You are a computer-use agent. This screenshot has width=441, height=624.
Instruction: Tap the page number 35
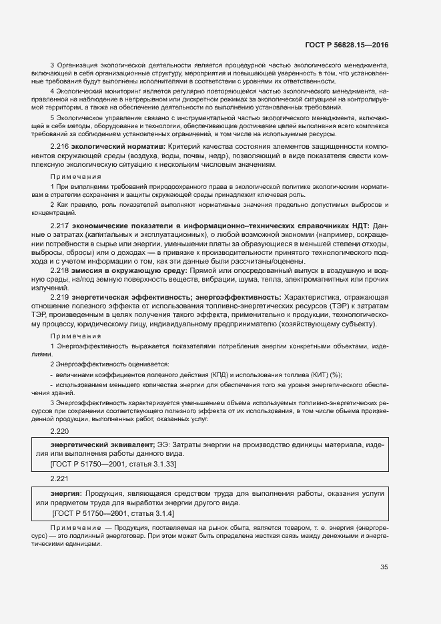pos(384,567)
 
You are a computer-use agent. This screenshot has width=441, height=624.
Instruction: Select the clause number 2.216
pos(60,145)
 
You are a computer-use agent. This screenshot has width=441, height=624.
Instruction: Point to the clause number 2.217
pos(60,227)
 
